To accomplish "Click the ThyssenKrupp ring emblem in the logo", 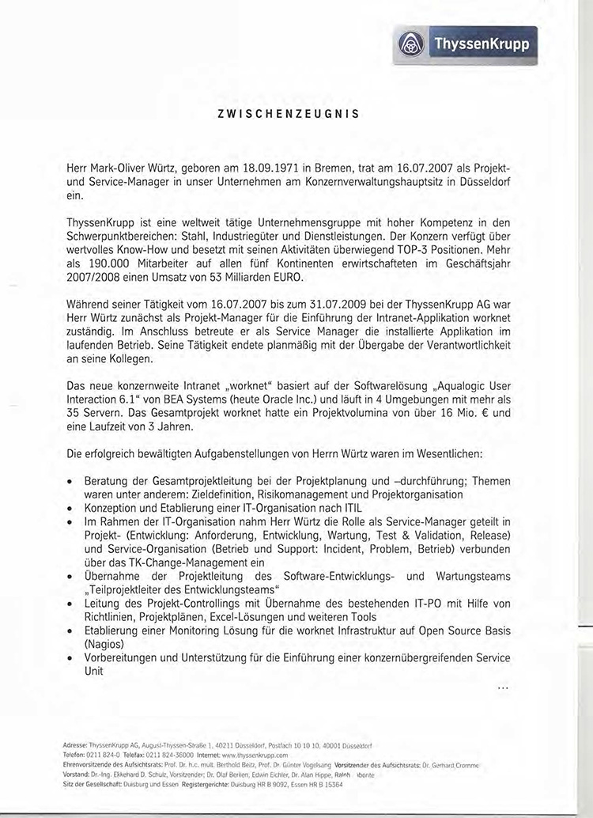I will pyautogui.click(x=411, y=43).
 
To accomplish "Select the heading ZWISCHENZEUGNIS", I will pyautogui.click(x=289, y=114).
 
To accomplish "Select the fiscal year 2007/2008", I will pyautogui.click(x=95, y=278).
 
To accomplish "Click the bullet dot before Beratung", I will pyautogui.click(x=72, y=481).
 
